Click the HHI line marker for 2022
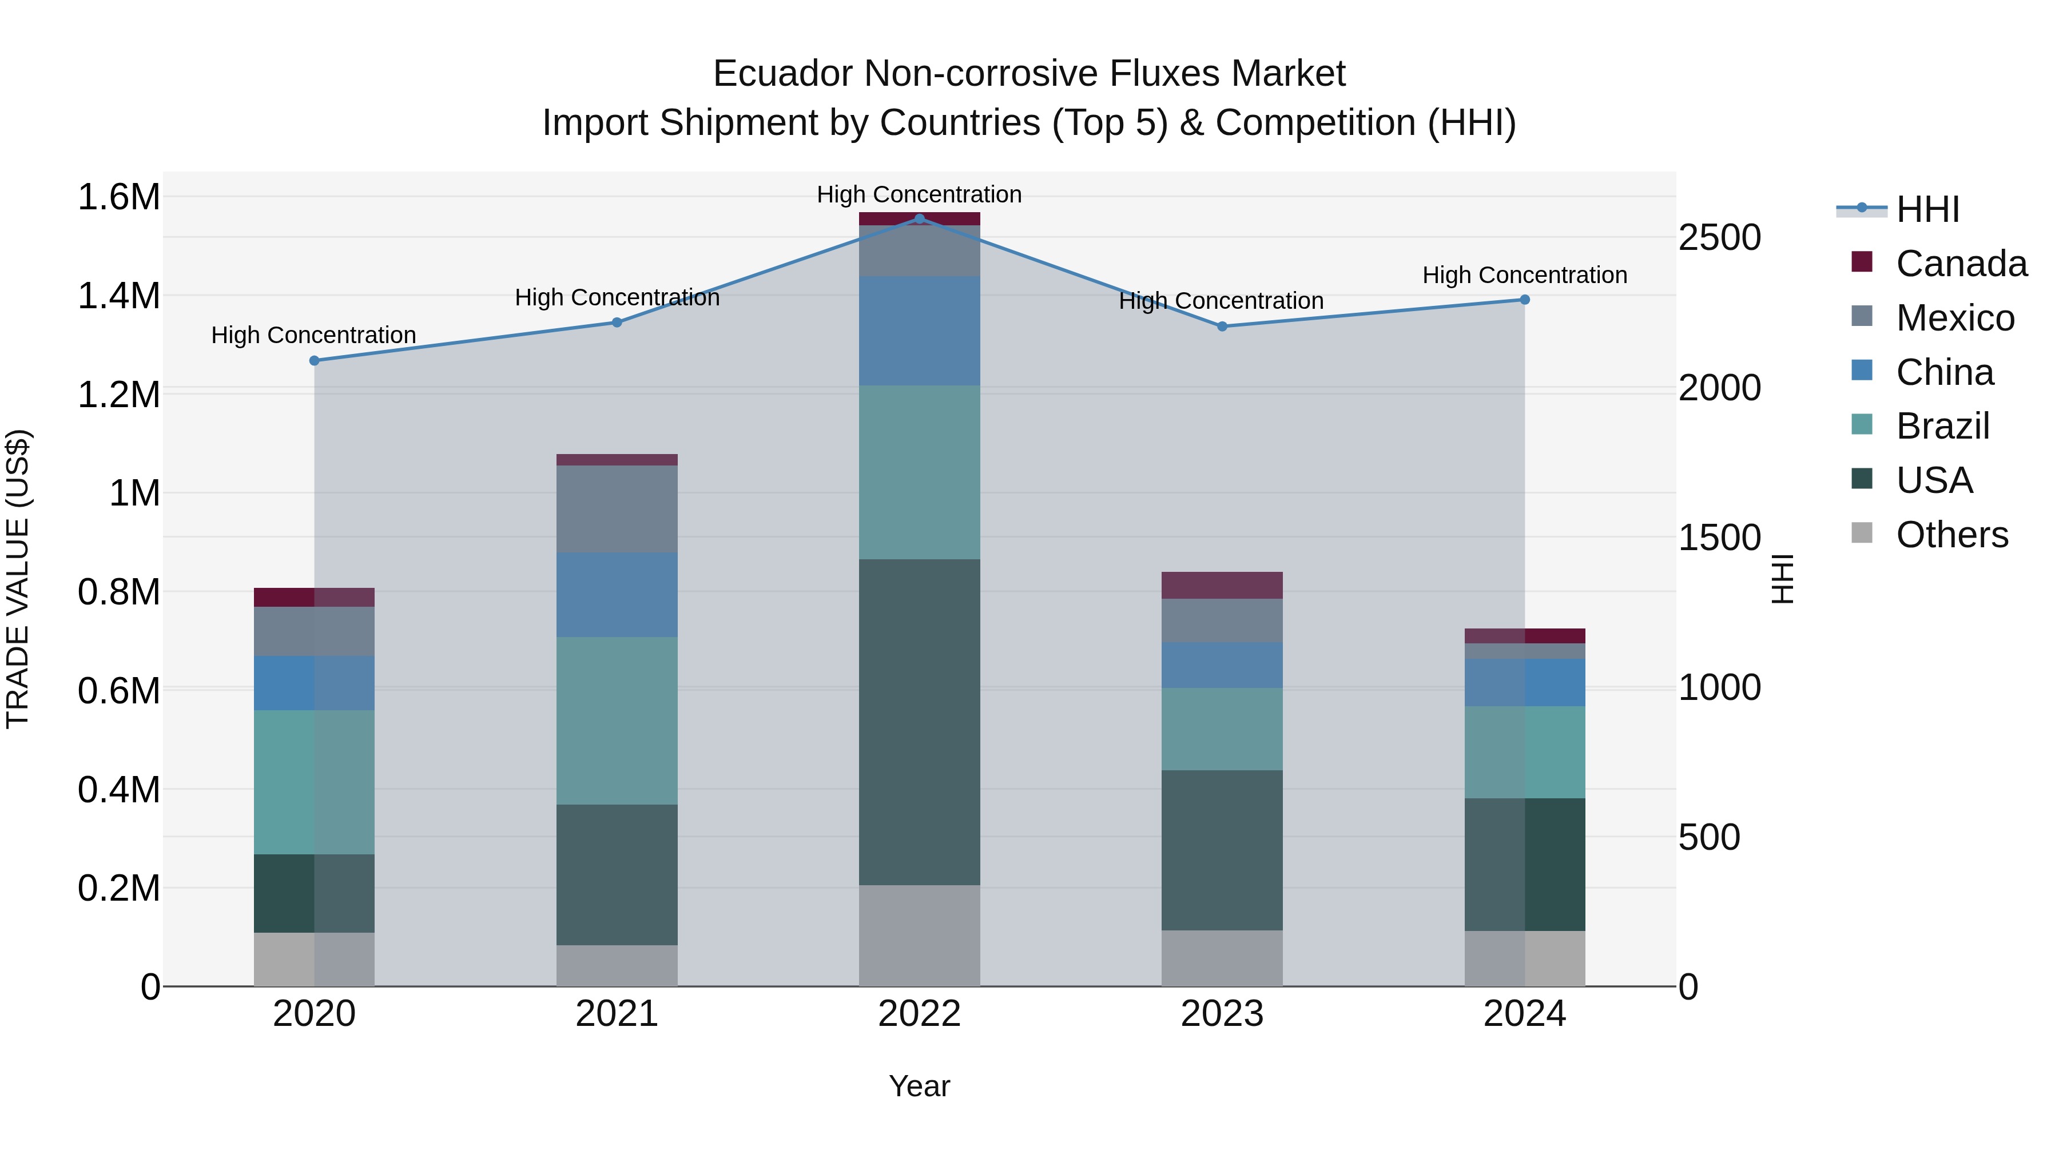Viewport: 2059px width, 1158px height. tap(919, 218)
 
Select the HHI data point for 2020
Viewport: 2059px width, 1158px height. tap(314, 360)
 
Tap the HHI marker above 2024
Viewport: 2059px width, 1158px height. tap(1524, 300)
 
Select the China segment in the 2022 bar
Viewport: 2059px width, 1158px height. tap(919, 331)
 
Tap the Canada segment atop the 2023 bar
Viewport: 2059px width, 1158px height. tap(1221, 585)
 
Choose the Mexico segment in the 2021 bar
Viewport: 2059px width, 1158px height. tap(616, 508)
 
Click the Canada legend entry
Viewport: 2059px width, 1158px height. tap(1961, 264)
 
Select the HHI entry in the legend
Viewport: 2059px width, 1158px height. tap(1927, 209)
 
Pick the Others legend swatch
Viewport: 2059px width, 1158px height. tap(1862, 533)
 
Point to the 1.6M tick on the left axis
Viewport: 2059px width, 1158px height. tap(118, 197)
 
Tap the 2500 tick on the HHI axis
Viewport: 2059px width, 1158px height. tap(1719, 238)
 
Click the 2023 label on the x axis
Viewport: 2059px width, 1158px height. tap(1221, 1014)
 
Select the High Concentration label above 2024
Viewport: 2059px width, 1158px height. tap(1524, 275)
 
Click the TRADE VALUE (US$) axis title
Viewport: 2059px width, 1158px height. tap(18, 579)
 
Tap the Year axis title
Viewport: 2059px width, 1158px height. tap(919, 1086)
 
